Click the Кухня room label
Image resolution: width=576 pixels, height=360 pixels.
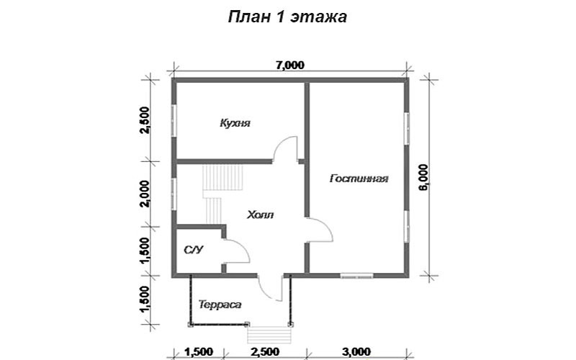point(235,122)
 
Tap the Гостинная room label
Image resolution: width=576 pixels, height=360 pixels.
point(359,179)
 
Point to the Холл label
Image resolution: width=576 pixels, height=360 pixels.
point(260,215)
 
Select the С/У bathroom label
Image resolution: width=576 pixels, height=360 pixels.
point(193,250)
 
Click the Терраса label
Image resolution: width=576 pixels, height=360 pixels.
point(220,305)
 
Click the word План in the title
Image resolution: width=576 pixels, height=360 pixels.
point(248,17)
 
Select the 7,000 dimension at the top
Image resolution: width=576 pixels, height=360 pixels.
point(290,65)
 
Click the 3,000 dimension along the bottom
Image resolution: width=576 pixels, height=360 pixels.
point(356,351)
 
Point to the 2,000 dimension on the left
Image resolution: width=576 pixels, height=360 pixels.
point(145,194)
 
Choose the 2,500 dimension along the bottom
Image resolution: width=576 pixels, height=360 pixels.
point(264,351)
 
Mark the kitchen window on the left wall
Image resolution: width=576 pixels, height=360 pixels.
point(174,120)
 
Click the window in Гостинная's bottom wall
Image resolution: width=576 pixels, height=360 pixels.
point(356,275)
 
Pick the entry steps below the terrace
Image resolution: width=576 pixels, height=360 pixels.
point(269,335)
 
